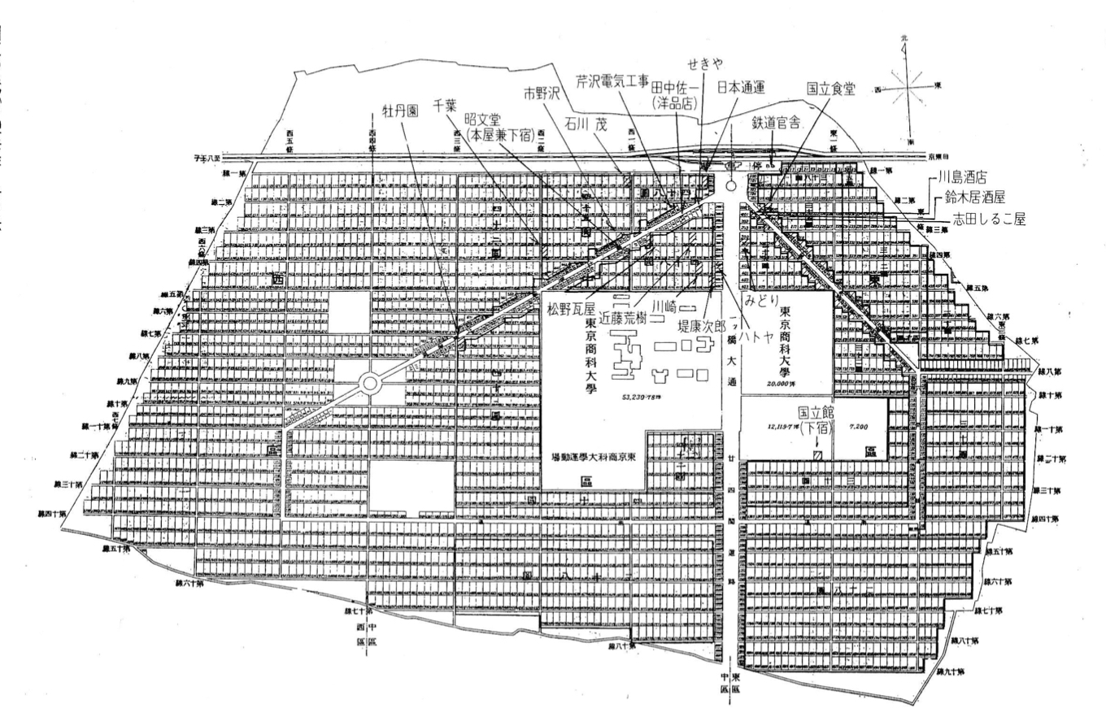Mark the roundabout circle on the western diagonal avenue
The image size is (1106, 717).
click(370, 382)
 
